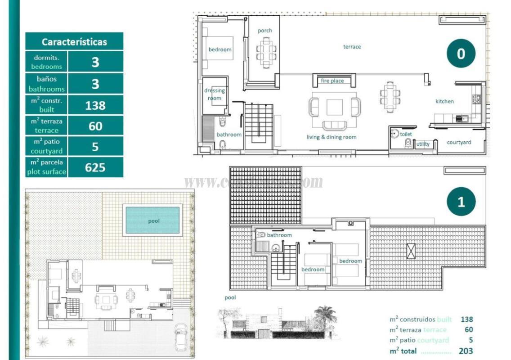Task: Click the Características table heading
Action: pyautogui.click(x=74, y=42)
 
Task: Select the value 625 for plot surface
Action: pyautogui.click(x=95, y=168)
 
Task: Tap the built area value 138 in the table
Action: pyautogui.click(x=95, y=105)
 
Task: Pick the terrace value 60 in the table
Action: pyautogui.click(x=95, y=126)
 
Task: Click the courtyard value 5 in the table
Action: pyautogui.click(x=95, y=147)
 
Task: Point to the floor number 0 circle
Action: pyautogui.click(x=461, y=54)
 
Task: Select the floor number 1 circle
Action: pyautogui.click(x=461, y=202)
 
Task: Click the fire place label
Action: pyautogui.click(x=332, y=81)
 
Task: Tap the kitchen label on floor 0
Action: pyautogui.click(x=444, y=102)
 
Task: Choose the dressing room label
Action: pyautogui.click(x=215, y=94)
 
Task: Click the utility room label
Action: pyautogui.click(x=423, y=144)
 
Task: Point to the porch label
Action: pyautogui.click(x=265, y=31)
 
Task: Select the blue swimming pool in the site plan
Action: pyautogui.click(x=153, y=220)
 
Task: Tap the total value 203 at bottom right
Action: pyautogui.click(x=466, y=351)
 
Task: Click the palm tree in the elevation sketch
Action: pyautogui.click(x=325, y=315)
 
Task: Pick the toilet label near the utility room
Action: pyautogui.click(x=406, y=134)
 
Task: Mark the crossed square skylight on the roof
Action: pyautogui.click(x=411, y=251)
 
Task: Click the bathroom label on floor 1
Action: pyautogui.click(x=279, y=235)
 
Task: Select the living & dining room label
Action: pyautogui.click(x=332, y=137)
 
